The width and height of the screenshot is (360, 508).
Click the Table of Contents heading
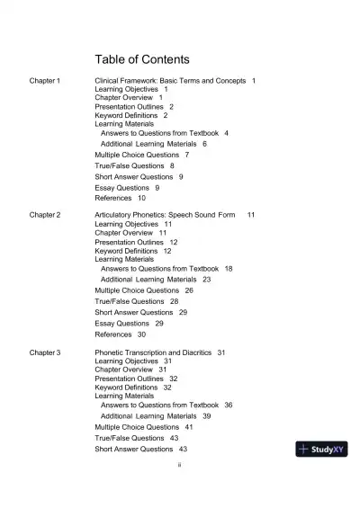[142, 59]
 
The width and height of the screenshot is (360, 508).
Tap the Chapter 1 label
[45, 81]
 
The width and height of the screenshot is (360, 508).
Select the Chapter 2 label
[45, 216]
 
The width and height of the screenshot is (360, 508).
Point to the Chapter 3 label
[45, 352]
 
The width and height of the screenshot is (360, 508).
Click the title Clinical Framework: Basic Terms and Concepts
[170, 81]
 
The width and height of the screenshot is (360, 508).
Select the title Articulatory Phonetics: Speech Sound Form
[165, 216]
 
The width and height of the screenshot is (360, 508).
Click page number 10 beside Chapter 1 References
[141, 198]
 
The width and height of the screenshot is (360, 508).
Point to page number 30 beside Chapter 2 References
[141, 334]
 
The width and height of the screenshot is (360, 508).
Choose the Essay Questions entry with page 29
[121, 323]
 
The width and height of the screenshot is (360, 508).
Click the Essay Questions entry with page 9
[121, 187]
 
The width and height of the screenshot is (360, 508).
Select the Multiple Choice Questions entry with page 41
[137, 427]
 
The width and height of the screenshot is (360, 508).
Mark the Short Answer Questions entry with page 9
[133, 176]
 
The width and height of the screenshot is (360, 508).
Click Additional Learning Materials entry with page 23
[148, 280]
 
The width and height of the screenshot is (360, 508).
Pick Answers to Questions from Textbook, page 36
[159, 405]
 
